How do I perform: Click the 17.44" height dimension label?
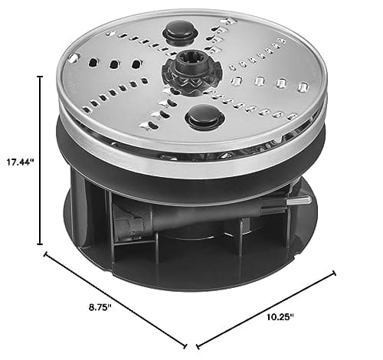pyautogui.click(x=18, y=162)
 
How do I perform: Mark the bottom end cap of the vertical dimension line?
pyautogui.click(x=41, y=244)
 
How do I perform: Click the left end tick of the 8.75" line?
pyautogui.click(x=46, y=254)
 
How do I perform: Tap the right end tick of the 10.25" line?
pyautogui.click(x=334, y=272)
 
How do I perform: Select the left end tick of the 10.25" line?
pyautogui.click(x=197, y=344)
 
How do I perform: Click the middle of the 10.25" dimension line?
pyautogui.click(x=266, y=308)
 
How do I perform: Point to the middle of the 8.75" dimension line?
pyautogui.click(x=116, y=299)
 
